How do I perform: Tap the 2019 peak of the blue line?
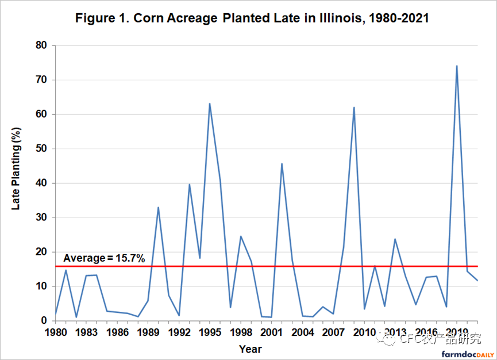(x=456, y=66)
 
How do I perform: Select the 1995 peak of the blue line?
(x=210, y=104)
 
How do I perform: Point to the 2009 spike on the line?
(x=354, y=107)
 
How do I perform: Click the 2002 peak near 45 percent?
(x=282, y=164)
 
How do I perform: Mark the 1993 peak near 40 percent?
(x=189, y=184)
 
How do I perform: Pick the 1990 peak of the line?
(x=158, y=207)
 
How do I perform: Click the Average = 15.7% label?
(x=104, y=258)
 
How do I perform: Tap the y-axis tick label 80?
(x=44, y=45)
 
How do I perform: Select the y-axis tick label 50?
(x=44, y=149)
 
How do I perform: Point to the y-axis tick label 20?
(x=44, y=252)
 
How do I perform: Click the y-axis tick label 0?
(x=46, y=321)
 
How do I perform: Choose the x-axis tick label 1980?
(x=55, y=332)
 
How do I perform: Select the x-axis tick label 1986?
(x=117, y=332)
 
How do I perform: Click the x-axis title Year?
(x=250, y=349)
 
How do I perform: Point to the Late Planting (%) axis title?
(x=18, y=177)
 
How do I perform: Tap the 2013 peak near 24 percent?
(x=395, y=239)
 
